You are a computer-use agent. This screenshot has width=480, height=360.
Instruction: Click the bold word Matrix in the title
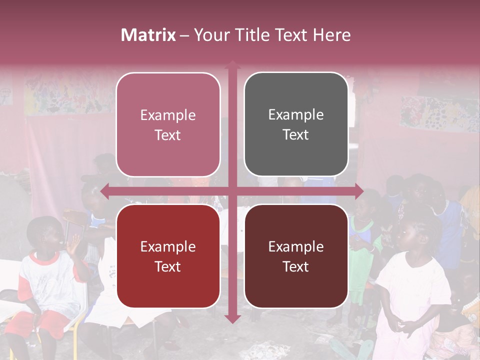(148, 35)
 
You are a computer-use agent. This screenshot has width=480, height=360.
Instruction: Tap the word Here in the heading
(331, 35)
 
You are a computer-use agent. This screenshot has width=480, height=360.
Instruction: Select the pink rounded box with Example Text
(168, 124)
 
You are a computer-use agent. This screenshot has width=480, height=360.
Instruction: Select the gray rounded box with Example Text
(296, 124)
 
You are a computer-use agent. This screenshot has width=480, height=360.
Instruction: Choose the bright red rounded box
(168, 256)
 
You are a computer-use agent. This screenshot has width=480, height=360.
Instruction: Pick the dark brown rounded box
(296, 256)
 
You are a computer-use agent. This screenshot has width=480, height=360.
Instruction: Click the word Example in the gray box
(296, 115)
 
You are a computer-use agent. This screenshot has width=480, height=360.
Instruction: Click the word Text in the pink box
(168, 135)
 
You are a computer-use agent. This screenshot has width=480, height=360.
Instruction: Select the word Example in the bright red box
(168, 246)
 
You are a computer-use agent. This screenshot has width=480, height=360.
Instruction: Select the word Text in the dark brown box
(296, 266)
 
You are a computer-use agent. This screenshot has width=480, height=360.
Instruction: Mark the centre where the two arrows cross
(232, 191)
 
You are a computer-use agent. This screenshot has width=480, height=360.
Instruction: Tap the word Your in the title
(209, 35)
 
